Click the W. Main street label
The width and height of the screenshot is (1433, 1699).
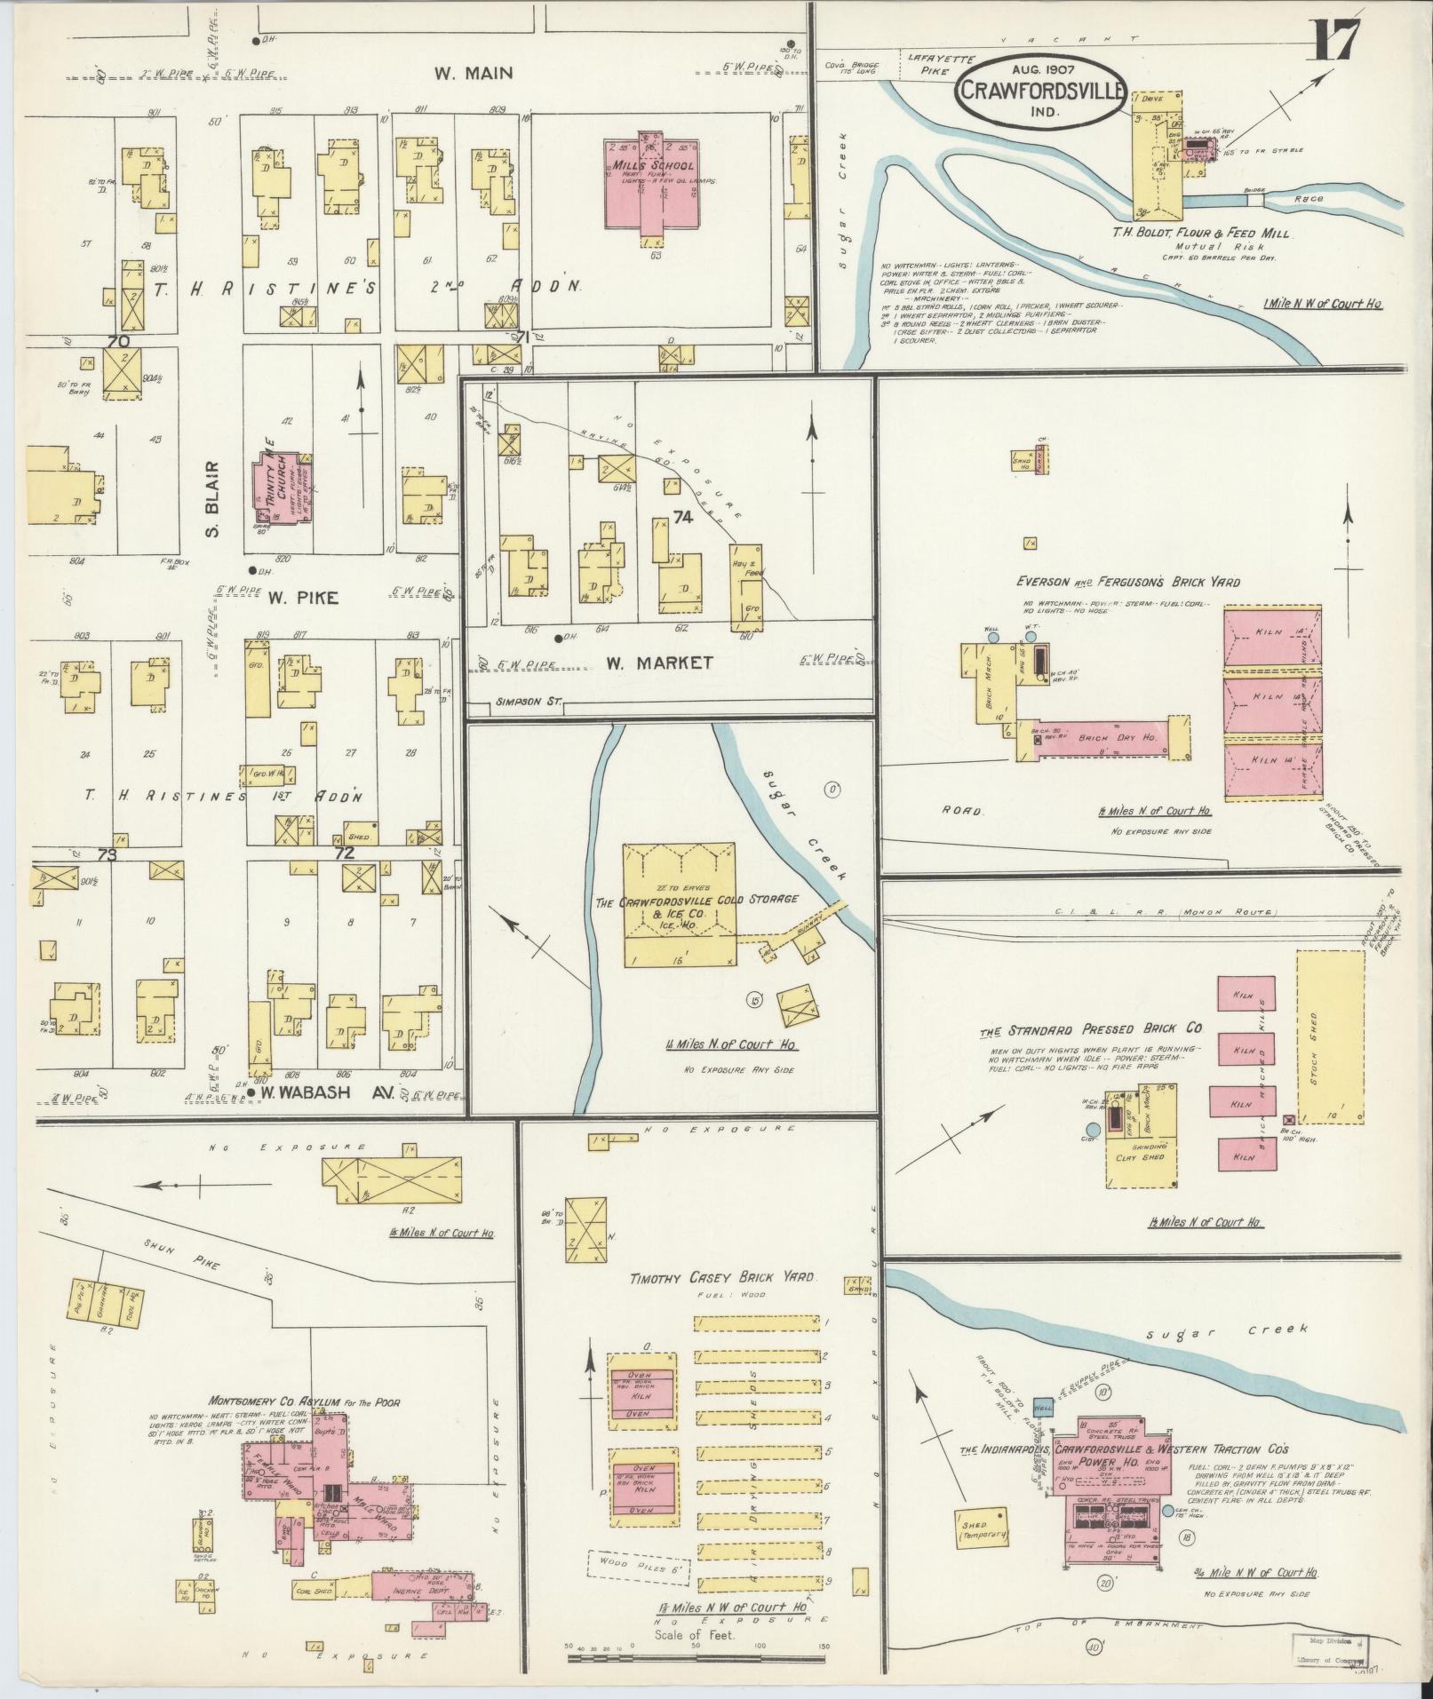(474, 73)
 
